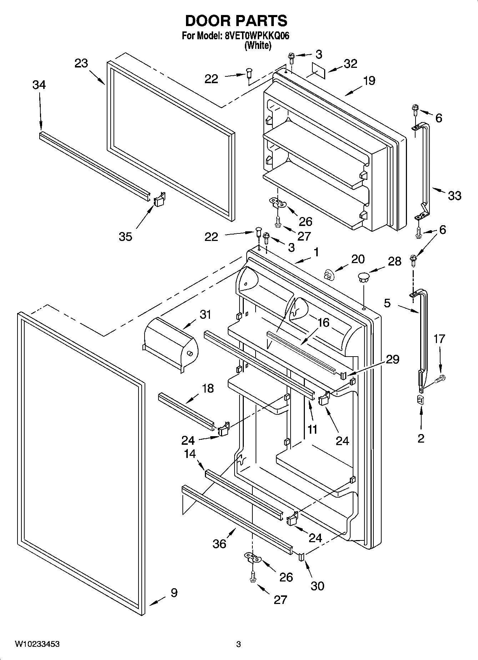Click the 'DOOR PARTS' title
pos(236,21)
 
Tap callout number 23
pos(81,64)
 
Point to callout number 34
pos(39,85)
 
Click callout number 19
pos(369,81)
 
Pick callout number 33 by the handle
pos(454,196)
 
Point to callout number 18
pos(208,388)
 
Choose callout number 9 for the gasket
pos(174,593)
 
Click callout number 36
pos(219,544)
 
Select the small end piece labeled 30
pos(301,556)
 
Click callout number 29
pos(393,359)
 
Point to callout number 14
pos(190,454)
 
